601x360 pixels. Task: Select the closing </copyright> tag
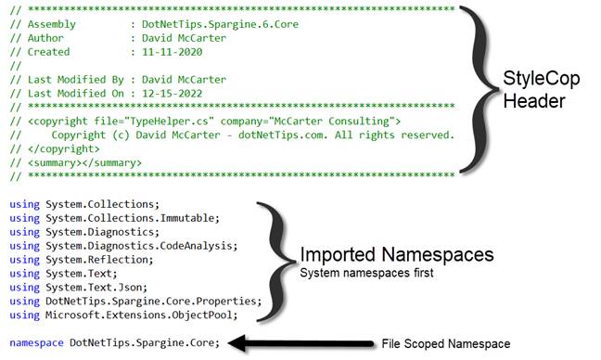(x=63, y=148)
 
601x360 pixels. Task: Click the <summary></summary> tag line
(x=83, y=162)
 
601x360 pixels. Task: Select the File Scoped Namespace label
(x=445, y=343)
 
